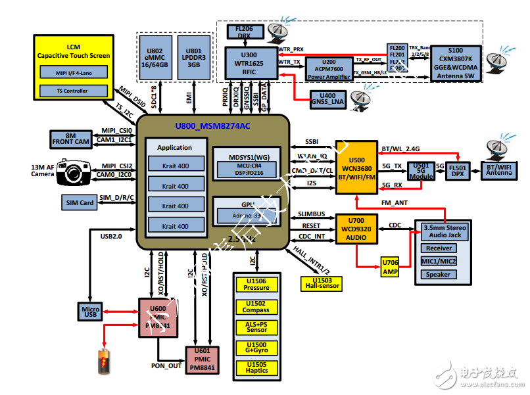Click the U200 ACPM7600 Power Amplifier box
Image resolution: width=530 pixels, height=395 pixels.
329,67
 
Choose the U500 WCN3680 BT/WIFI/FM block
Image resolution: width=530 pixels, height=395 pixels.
356,167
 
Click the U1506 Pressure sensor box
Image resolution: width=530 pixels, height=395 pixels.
256,284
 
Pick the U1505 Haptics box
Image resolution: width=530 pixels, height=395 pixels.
256,367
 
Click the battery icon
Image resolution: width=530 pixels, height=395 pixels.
104,362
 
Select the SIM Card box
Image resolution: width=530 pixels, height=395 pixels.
78,203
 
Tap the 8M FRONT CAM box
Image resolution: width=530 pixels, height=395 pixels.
73,139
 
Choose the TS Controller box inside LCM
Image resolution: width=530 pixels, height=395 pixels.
72,91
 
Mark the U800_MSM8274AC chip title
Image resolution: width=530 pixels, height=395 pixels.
212,126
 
